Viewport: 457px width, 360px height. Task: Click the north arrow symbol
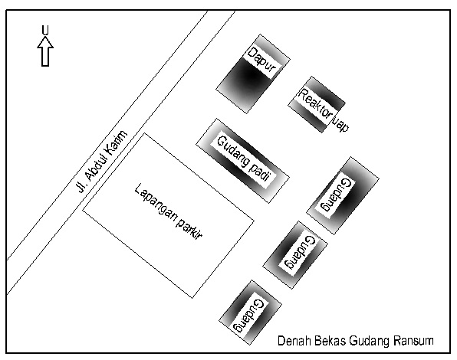(x=45, y=51)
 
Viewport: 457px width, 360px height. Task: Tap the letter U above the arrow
(x=45, y=31)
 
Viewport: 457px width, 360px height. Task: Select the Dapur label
(x=261, y=60)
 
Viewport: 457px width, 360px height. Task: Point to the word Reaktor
(x=316, y=103)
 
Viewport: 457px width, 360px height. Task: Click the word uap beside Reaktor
(x=340, y=125)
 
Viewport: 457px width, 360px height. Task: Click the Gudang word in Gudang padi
(x=234, y=152)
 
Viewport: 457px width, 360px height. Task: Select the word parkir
(x=189, y=230)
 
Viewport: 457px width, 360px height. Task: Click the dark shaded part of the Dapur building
(x=248, y=77)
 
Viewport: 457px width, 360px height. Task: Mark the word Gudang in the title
(x=369, y=341)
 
